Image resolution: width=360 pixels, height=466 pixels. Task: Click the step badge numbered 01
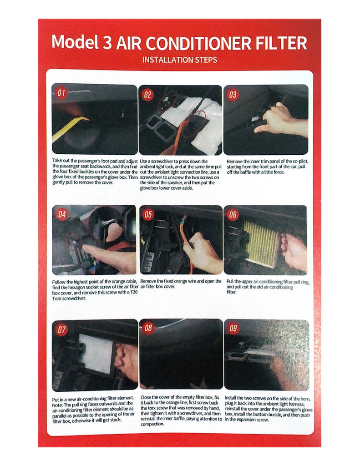click(x=61, y=93)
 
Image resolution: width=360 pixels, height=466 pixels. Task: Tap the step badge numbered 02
click(x=147, y=95)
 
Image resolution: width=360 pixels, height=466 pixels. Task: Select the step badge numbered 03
click(x=233, y=95)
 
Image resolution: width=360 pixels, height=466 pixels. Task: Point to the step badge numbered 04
click(x=62, y=214)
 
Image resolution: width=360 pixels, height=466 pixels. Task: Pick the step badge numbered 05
click(x=148, y=215)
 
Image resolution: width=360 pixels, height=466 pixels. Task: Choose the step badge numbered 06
click(x=233, y=215)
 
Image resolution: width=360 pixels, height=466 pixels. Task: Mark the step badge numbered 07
click(x=61, y=329)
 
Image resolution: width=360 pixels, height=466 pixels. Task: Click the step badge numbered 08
click(x=148, y=328)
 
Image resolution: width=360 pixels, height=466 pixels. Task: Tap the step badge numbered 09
click(x=233, y=328)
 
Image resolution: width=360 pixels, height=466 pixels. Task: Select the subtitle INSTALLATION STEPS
click(x=180, y=60)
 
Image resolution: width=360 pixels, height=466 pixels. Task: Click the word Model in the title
click(x=75, y=42)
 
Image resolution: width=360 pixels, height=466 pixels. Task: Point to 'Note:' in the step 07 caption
click(x=57, y=405)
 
